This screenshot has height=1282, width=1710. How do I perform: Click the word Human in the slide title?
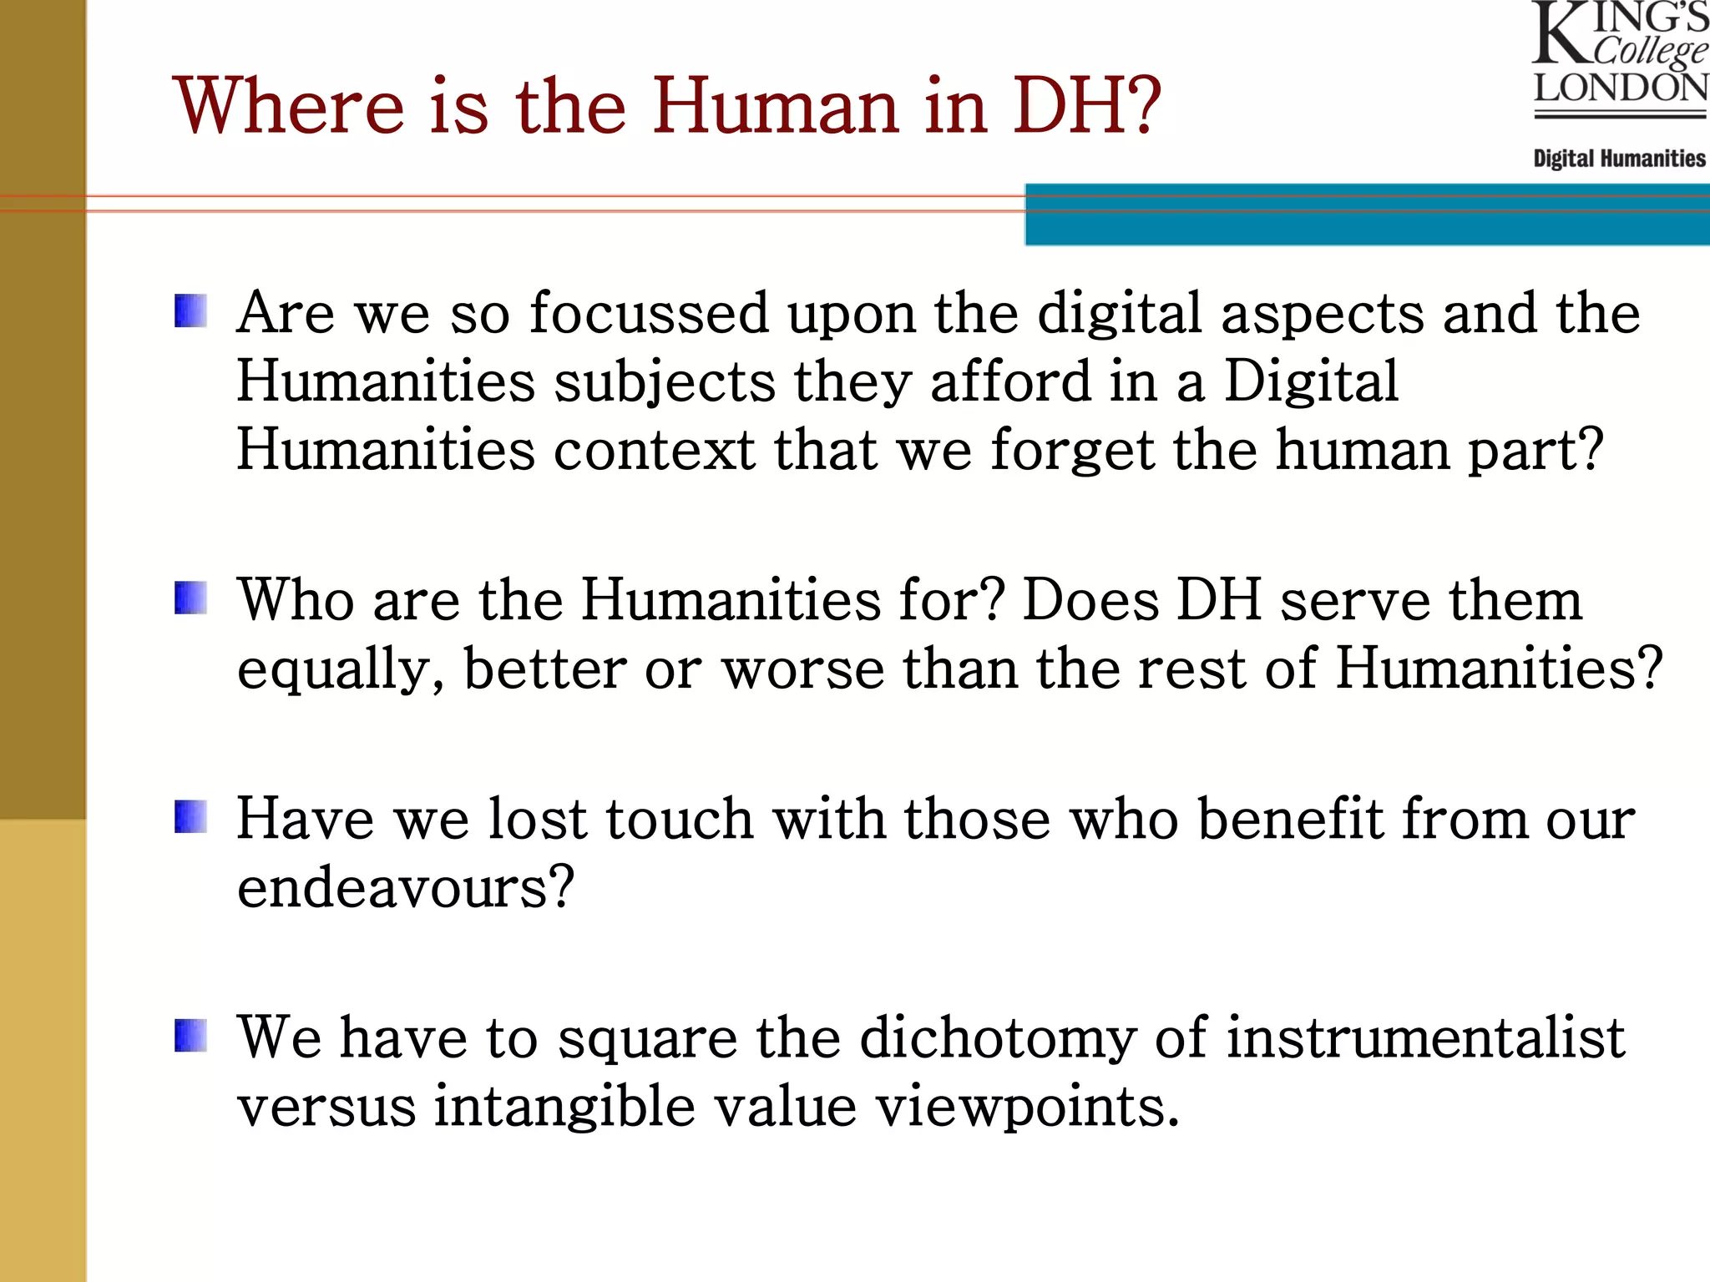pyautogui.click(x=775, y=106)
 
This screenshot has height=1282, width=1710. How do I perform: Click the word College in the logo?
pyautogui.click(x=1649, y=50)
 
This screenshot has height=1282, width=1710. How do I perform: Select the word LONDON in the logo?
pyautogui.click(x=1621, y=88)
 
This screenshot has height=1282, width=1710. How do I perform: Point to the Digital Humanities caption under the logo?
pyautogui.click(x=1619, y=159)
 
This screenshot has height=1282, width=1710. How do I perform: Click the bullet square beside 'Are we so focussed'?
pyautogui.click(x=190, y=310)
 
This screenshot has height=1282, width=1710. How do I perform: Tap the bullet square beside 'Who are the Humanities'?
pyautogui.click(x=190, y=598)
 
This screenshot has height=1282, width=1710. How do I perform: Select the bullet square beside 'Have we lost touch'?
pyautogui.click(x=190, y=817)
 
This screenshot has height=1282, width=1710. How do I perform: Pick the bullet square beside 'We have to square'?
pyautogui.click(x=190, y=1036)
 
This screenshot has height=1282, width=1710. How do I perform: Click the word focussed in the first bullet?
pyautogui.click(x=649, y=314)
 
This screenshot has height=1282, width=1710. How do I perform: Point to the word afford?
pyautogui.click(x=1010, y=382)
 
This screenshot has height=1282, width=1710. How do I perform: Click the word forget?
pyautogui.click(x=1072, y=452)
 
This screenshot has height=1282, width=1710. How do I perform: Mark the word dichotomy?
pyautogui.click(x=998, y=1039)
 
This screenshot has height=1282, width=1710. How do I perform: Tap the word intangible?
pyautogui.click(x=564, y=1108)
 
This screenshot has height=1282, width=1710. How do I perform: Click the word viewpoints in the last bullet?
pyautogui.click(x=1026, y=1108)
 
